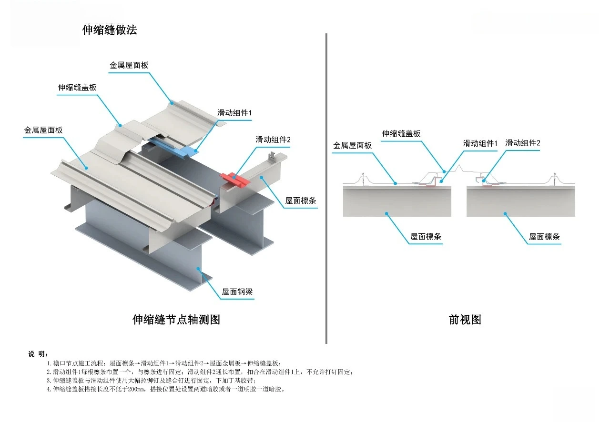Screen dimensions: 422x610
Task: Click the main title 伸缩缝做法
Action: [x=110, y=30]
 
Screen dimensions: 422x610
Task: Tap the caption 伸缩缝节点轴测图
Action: [x=176, y=320]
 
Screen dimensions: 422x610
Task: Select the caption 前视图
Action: [x=465, y=320]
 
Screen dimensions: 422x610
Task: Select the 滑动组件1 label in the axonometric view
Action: [x=234, y=113]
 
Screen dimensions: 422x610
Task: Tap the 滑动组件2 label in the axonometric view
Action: [x=273, y=140]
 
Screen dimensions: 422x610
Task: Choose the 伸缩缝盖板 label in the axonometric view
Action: [x=77, y=87]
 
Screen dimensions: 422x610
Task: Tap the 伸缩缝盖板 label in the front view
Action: [x=401, y=134]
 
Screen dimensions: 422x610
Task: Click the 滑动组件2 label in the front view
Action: [x=523, y=143]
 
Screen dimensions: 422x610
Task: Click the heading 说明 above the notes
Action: [x=38, y=354]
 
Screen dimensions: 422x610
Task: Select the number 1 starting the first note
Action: [x=49, y=363]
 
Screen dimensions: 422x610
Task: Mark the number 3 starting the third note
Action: [x=49, y=381]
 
